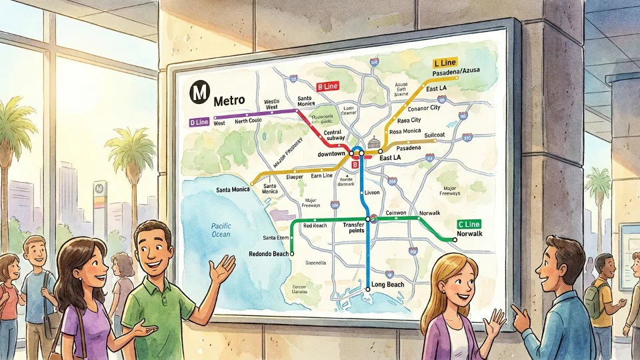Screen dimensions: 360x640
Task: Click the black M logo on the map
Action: (197, 91)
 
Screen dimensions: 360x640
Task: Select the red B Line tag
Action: (327, 86)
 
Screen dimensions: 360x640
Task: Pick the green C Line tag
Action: (469, 224)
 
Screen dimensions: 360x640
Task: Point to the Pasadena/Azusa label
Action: (457, 71)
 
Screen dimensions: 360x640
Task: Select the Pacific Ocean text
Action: (221, 230)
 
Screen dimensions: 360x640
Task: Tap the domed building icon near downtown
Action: (373, 142)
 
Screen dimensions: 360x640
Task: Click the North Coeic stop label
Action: (249, 121)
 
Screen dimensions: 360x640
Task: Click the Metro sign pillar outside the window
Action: (100, 200)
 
